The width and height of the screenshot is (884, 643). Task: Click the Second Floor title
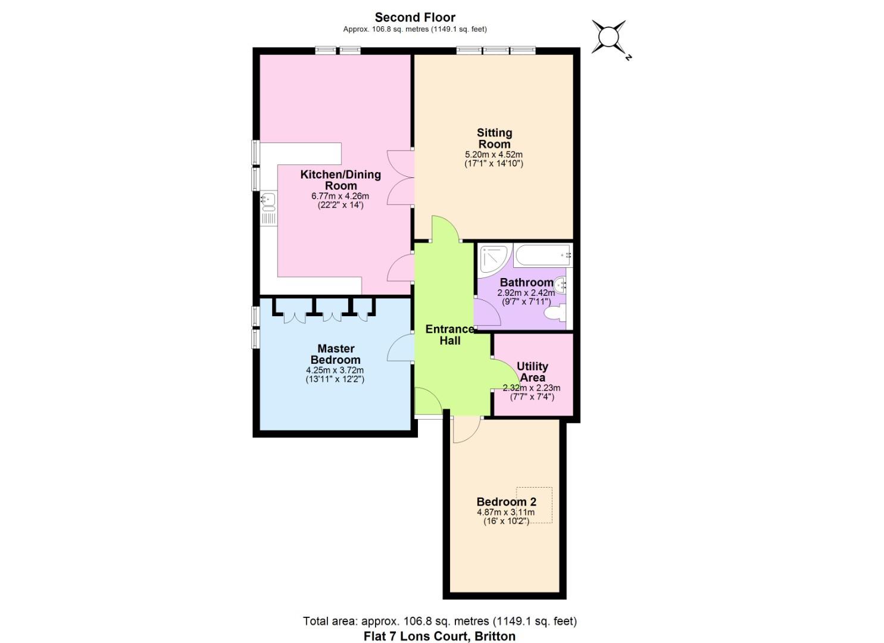[x=415, y=17]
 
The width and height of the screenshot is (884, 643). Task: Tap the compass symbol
[x=609, y=37]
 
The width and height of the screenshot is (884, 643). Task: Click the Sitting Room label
[x=494, y=138]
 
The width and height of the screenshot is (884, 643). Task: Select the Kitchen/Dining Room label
[x=341, y=180]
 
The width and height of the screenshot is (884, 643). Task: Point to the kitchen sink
[x=268, y=201]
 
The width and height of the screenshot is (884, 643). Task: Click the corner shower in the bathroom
[x=493, y=258]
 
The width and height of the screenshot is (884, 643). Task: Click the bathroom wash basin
[x=560, y=284]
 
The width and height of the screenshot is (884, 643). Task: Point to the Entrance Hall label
[x=450, y=335]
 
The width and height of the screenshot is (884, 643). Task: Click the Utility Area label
[x=532, y=372]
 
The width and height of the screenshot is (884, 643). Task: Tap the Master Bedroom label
[x=336, y=354]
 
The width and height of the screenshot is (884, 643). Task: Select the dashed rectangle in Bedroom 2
[x=534, y=505]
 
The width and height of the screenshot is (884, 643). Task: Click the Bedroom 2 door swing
[x=466, y=430]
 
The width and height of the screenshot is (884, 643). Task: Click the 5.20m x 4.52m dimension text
[x=493, y=154]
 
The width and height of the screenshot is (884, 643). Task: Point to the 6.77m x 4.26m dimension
[x=341, y=196]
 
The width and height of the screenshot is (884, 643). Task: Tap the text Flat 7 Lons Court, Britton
[x=439, y=636]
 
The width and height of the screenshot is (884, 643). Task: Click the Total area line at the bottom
[x=439, y=621]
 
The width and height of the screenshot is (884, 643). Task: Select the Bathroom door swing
[x=486, y=312]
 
